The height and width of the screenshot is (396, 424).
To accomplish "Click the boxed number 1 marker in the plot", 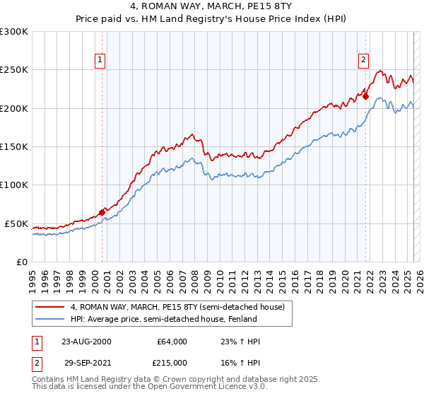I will (102, 61).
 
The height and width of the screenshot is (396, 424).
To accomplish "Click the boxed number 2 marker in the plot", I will (364, 61).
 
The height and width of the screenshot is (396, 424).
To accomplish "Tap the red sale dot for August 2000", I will (102, 211).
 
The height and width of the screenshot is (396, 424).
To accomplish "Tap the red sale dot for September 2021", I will (366, 97).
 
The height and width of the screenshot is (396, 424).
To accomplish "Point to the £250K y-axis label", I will (14, 70).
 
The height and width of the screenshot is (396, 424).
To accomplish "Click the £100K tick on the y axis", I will (14, 185).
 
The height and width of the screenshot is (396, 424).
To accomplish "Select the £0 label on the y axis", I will (22, 262).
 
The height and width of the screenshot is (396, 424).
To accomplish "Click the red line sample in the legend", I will (50, 307).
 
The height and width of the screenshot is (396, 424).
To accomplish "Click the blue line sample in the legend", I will (50, 319).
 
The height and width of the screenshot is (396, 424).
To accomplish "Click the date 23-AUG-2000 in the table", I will (86, 342).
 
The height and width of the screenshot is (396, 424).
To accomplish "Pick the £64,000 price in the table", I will (172, 342).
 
